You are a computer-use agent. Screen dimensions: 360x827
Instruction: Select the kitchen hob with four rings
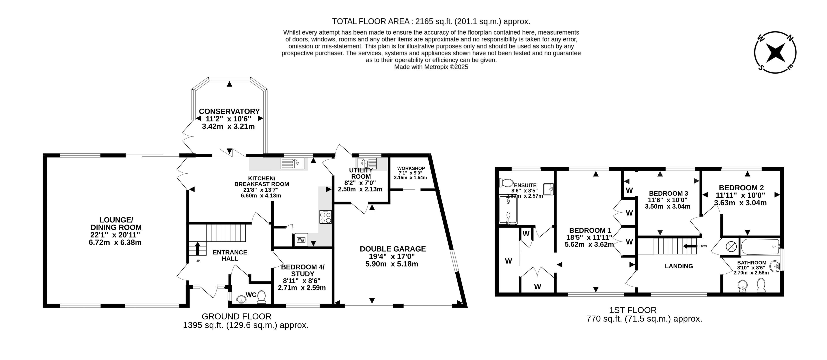coord(325,217)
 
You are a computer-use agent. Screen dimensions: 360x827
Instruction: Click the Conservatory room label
coord(229,111)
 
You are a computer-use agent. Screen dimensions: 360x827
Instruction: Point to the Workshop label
coord(411,168)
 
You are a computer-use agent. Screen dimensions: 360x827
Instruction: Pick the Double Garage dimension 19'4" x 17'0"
coord(393,256)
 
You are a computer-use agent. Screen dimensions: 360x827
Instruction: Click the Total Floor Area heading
coord(431,22)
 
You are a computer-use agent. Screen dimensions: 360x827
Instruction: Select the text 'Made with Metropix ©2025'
coord(431,67)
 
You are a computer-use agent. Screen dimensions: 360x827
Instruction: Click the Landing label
coord(679,266)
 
